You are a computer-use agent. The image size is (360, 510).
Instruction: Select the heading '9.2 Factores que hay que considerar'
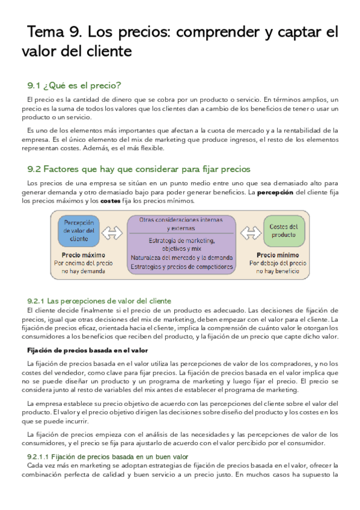pyautogui.click(x=139, y=169)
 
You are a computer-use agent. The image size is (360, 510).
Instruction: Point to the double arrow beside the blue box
pyautogui.click(x=112, y=231)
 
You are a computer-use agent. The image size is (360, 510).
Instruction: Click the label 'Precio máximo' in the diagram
pyautogui.click(x=79, y=254)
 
